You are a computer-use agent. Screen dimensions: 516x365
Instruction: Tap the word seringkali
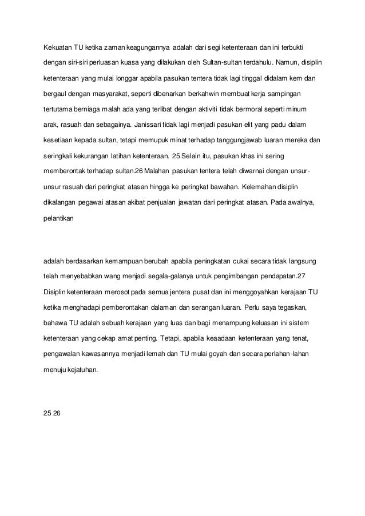58,155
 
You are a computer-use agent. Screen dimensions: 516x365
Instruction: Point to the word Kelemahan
261,186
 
